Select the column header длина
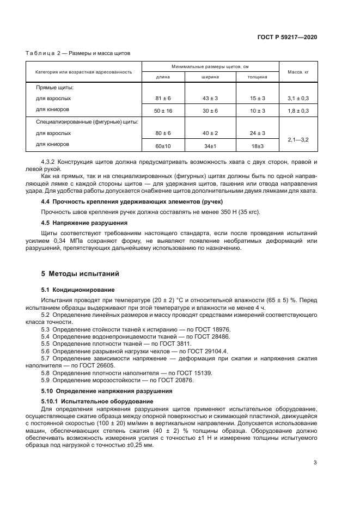163,77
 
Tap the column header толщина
257,77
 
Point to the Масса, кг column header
298,71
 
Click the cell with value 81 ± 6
163,99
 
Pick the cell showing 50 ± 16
163,111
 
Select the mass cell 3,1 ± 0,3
298,99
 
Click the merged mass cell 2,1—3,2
298,140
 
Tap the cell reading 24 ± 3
257,133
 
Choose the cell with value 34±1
210,146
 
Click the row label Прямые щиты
54,88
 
